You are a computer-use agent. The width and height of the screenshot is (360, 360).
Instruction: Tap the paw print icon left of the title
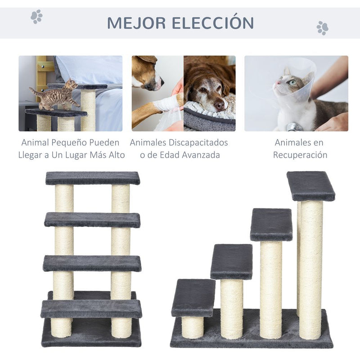(x=36, y=17)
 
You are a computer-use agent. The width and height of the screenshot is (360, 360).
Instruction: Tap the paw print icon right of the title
(x=322, y=28)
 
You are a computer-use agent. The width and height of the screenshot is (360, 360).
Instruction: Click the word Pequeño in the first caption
(x=79, y=143)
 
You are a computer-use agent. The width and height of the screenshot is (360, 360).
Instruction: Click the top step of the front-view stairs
(x=92, y=178)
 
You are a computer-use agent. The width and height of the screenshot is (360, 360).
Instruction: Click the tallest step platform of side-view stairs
(x=310, y=185)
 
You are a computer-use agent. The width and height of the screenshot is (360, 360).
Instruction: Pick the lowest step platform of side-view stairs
(x=193, y=297)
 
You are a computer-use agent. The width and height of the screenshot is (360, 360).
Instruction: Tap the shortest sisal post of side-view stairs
(x=193, y=327)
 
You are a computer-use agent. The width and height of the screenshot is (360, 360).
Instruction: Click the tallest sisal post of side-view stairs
(x=311, y=270)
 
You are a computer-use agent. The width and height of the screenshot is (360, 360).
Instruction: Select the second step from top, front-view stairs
(x=92, y=220)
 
